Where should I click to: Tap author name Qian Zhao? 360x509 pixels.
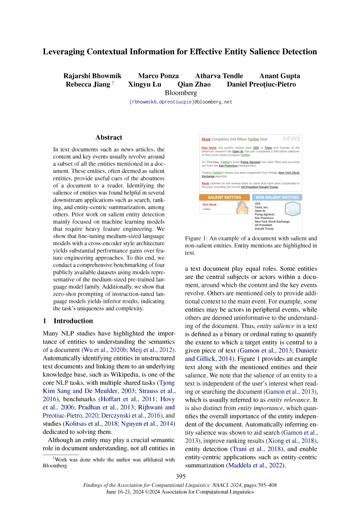[x=194, y=85]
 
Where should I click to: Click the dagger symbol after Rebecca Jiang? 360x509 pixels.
[x=113, y=83]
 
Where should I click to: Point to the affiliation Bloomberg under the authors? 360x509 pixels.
[x=180, y=93]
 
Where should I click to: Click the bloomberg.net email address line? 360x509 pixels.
[x=180, y=102]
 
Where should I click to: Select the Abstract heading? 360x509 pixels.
[x=109, y=137]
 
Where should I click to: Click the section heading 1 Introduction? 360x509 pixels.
[x=67, y=321]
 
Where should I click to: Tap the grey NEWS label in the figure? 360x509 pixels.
[x=292, y=139]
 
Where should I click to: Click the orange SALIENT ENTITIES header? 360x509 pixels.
[x=224, y=197]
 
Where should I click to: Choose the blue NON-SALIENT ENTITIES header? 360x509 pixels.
[x=277, y=197]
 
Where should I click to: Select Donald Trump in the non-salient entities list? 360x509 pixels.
[x=264, y=229]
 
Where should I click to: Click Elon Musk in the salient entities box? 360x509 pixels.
[x=210, y=204]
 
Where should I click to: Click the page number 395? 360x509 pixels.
[x=180, y=476]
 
